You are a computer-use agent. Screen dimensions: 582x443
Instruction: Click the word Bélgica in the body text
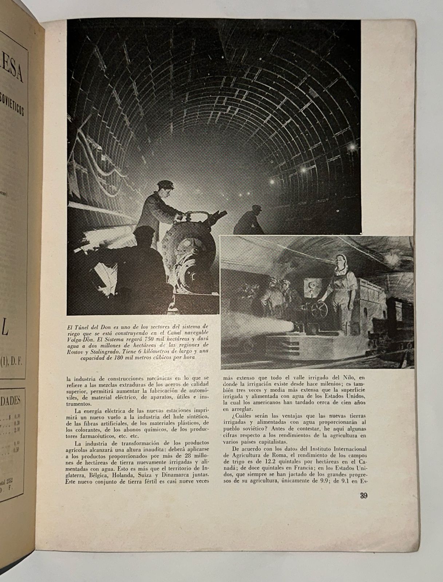tap(103, 475)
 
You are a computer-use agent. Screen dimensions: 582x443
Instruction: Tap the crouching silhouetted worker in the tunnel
tap(252, 220)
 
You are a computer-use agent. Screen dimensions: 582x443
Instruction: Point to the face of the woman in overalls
tap(341, 265)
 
